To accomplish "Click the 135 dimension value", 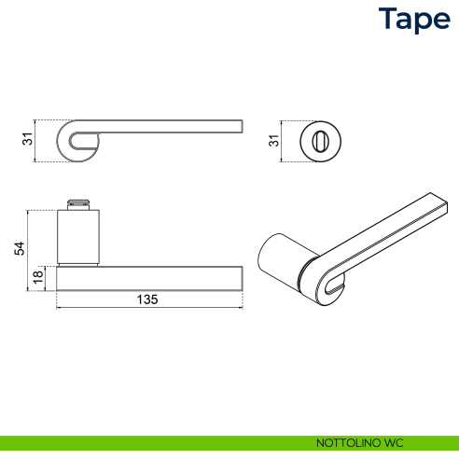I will [147, 299].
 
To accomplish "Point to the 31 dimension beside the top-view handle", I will [28, 140].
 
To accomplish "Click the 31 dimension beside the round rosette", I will [274, 140].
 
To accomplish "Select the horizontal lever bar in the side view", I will [149, 278].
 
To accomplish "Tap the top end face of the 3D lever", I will [438, 205].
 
